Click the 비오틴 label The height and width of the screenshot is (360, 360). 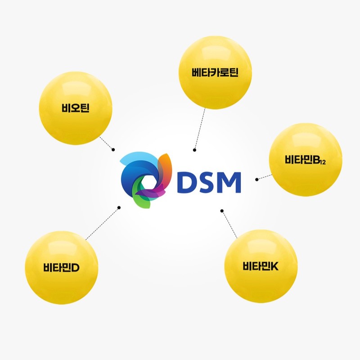point(75,108)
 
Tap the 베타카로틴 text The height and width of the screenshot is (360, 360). point(215,72)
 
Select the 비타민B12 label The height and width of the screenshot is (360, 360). point(305,160)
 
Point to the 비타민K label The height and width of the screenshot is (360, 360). point(261,266)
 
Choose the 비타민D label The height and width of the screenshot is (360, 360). point(61,267)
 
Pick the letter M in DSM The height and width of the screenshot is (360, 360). point(229,182)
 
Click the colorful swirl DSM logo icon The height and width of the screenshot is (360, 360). point(146,180)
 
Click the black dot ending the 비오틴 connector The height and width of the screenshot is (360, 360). point(113,150)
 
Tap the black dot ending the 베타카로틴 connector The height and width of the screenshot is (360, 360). point(195,150)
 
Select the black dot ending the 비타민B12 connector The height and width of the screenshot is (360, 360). point(257,180)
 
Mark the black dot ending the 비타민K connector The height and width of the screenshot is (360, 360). point(222,211)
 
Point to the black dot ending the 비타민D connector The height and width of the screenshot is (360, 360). point(119,207)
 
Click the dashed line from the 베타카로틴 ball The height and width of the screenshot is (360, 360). point(200,129)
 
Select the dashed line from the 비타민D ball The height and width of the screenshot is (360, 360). point(103,224)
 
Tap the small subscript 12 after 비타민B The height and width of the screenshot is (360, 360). point(323,162)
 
